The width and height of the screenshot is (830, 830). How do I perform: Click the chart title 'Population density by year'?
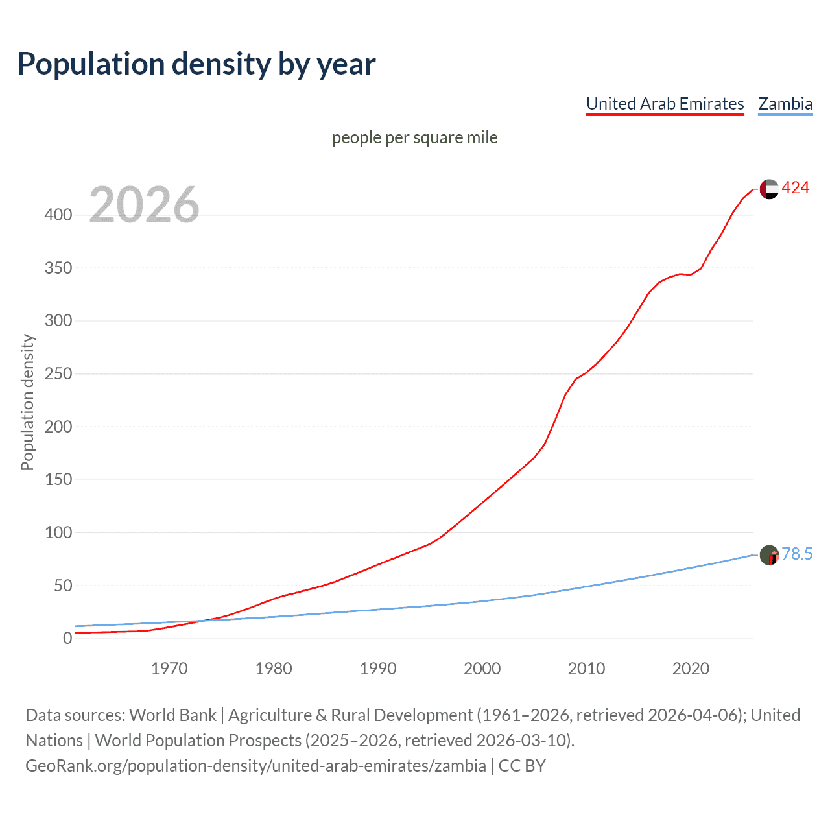point(196,64)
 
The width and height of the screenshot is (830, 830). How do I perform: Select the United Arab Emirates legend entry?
point(665,104)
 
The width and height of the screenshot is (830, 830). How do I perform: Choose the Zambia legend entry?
point(785,104)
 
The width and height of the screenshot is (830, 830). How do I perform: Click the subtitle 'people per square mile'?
point(414,137)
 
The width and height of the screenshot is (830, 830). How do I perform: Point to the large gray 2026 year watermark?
point(144,205)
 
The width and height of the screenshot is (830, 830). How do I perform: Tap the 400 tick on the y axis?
point(58,215)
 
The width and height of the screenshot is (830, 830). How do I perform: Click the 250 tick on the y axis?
point(58,373)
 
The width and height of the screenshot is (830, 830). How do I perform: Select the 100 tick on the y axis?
point(58,532)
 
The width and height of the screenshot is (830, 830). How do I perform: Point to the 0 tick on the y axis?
point(67,638)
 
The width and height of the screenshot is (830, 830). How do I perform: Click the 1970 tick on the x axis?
point(169,669)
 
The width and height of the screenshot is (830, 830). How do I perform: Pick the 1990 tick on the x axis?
point(378,669)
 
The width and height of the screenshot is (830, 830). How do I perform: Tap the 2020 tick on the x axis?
point(691,669)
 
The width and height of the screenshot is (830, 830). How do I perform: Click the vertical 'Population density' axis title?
point(27,402)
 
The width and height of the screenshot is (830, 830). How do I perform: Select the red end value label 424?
point(795,188)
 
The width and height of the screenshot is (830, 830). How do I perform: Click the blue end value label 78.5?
point(797,554)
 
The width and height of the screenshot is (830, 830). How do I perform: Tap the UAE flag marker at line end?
point(769,189)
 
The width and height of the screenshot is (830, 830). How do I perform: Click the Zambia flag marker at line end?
point(769,555)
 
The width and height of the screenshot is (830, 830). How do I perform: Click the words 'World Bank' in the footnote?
point(172,715)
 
